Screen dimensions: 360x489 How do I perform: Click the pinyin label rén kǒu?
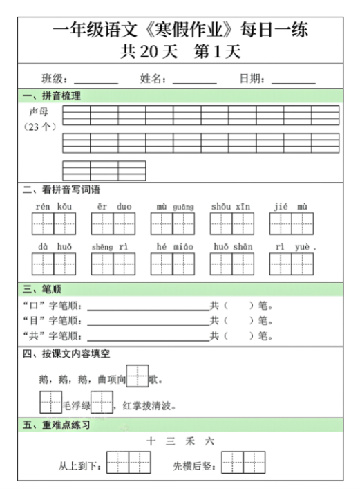(x=53, y=206)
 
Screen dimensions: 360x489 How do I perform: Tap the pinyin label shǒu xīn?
(x=231, y=206)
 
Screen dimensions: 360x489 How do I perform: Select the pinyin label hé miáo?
(x=172, y=246)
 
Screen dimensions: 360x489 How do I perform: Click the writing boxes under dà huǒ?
(x=53, y=264)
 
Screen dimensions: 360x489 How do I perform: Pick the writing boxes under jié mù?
(x=291, y=224)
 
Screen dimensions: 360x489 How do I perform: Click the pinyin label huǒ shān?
(x=232, y=246)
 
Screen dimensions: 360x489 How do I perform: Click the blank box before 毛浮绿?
(x=50, y=402)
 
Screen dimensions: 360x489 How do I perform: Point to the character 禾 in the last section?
(x=189, y=441)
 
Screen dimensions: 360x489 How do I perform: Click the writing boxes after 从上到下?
(x=129, y=462)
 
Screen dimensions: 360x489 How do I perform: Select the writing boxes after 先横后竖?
(x=243, y=462)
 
